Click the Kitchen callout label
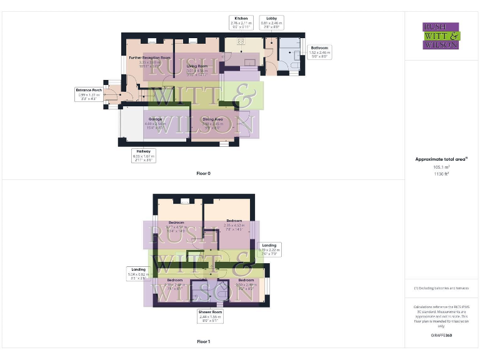[241, 23]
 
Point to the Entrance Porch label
[89, 94]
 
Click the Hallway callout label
[143, 156]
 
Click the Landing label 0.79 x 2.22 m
[269, 249]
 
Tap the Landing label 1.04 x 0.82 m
[138, 273]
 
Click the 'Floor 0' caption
[203, 173]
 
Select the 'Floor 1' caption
[203, 342]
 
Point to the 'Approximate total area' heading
[441, 160]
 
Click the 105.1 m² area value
[441, 167]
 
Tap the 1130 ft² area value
[441, 174]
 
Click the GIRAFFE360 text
[441, 336]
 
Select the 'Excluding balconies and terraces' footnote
[441, 288]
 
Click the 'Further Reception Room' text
[149, 57]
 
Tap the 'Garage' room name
[155, 119]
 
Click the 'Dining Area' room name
[212, 119]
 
